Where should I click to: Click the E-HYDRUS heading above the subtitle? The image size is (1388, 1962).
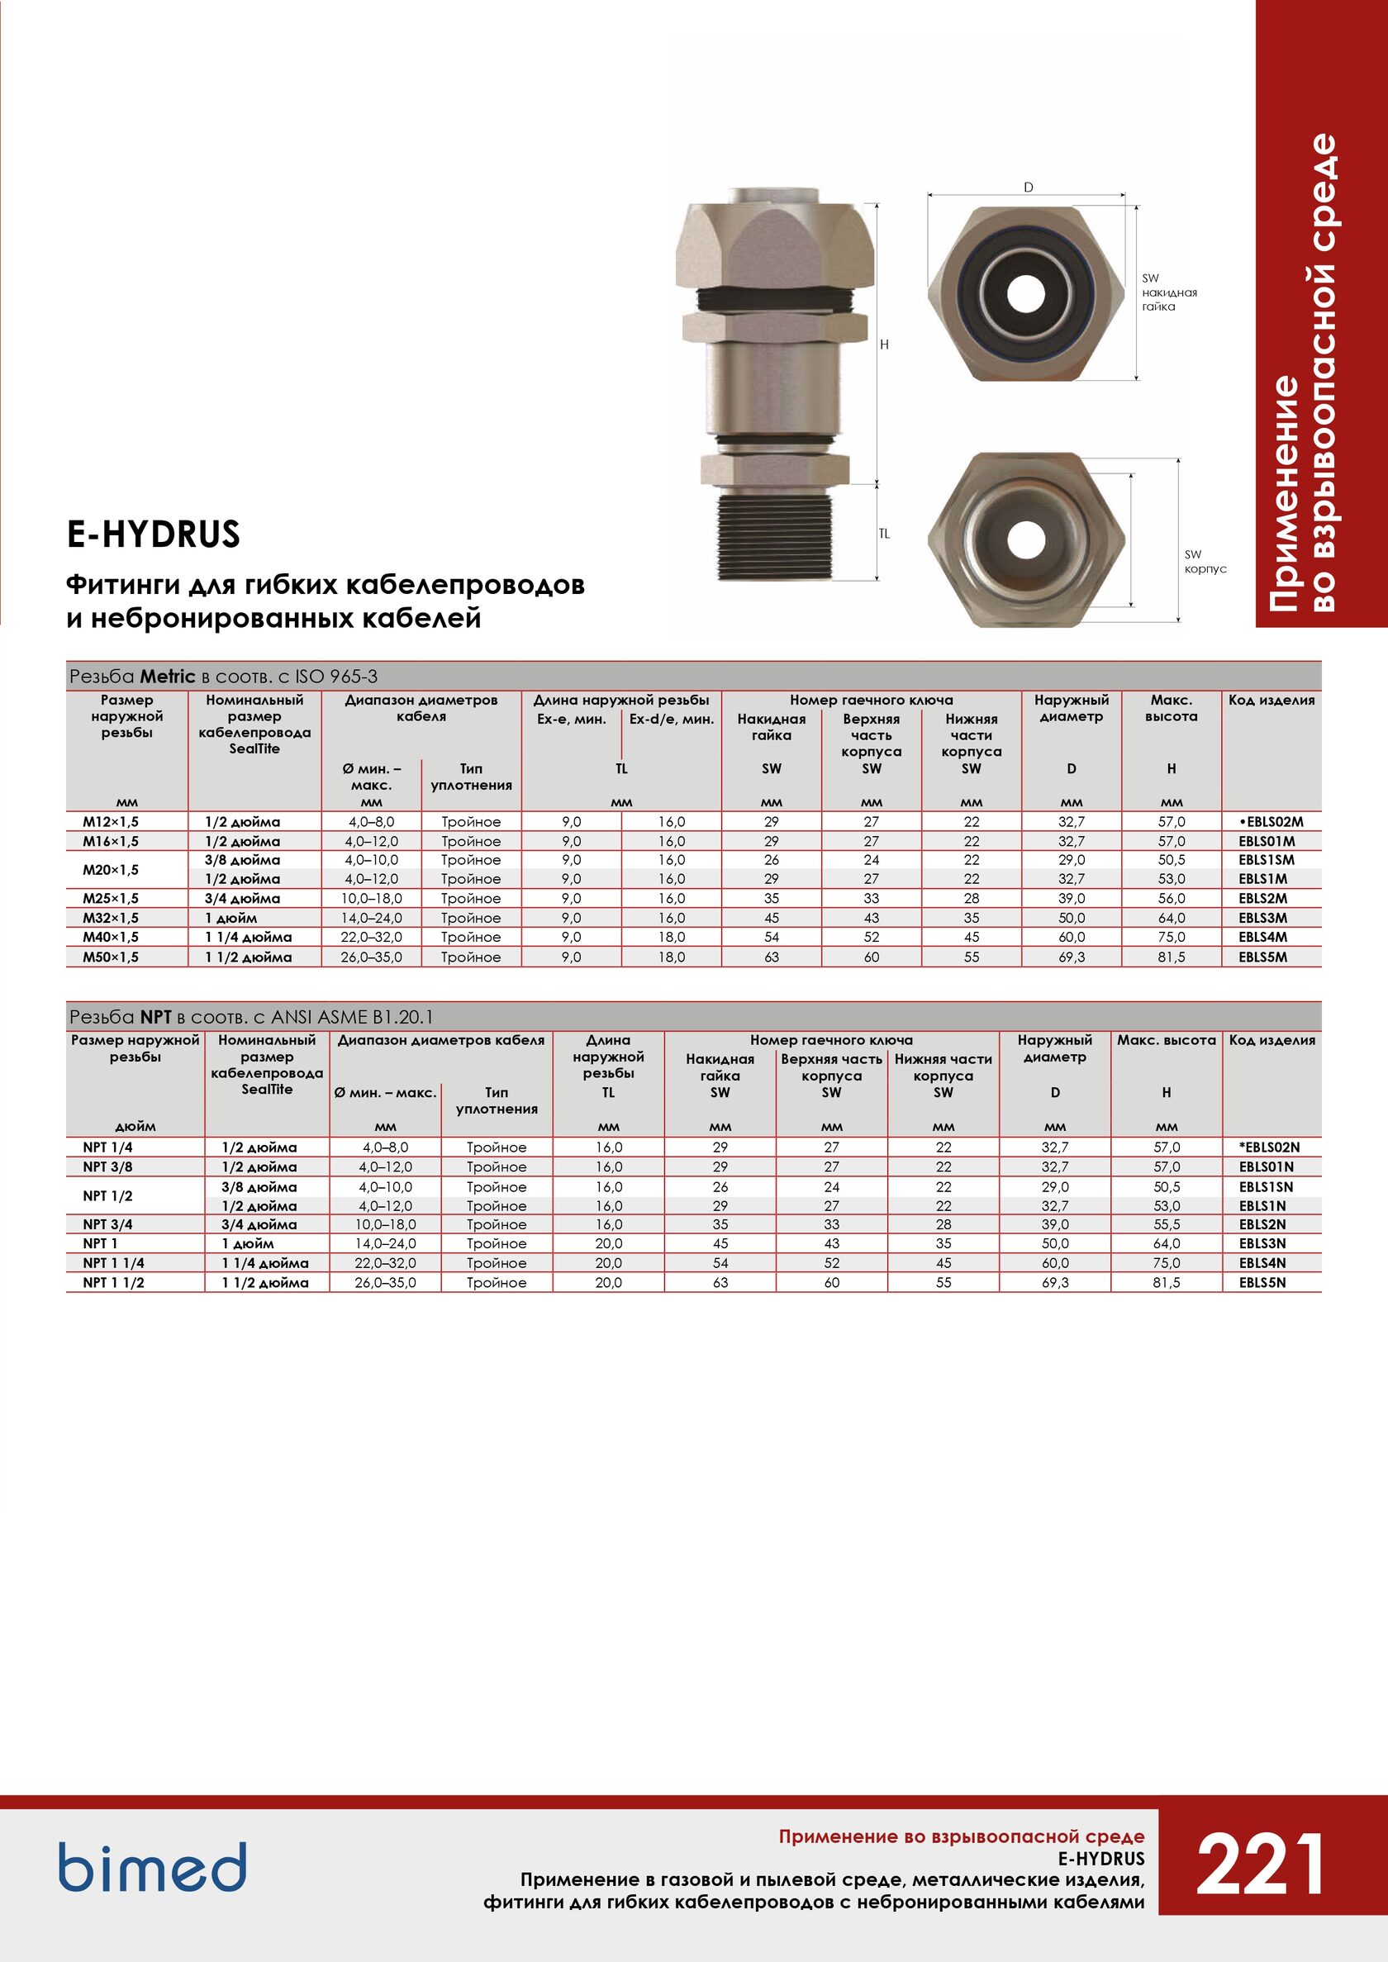[x=154, y=534]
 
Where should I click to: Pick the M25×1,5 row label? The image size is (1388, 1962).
[x=110, y=898]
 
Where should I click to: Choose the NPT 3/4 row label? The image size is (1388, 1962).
[x=107, y=1224]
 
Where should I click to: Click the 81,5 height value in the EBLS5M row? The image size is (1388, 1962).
[x=1171, y=957]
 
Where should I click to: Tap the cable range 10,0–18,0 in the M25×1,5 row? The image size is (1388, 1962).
[x=371, y=898]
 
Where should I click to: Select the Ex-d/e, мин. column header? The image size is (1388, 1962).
[x=671, y=719]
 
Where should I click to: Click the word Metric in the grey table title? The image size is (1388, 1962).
[x=168, y=676]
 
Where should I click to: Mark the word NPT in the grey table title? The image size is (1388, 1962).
[x=156, y=1016]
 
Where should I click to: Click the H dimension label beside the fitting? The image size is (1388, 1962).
[x=885, y=344]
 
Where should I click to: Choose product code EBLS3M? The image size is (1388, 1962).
[x=1262, y=918]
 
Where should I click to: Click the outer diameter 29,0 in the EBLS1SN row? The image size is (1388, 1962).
[x=1055, y=1186]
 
